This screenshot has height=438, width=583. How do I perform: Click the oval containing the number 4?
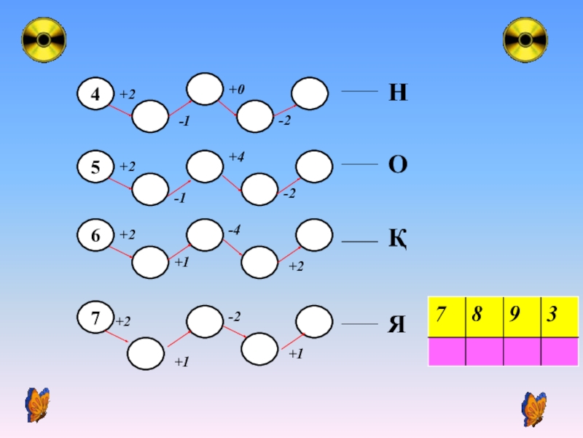pyautogui.click(x=96, y=94)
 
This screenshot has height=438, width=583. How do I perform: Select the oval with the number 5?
pyautogui.click(x=96, y=167)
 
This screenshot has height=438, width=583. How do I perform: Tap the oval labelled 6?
pyautogui.click(x=96, y=236)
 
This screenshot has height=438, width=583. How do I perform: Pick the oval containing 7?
pyautogui.click(x=96, y=319)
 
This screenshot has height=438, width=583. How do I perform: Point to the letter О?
pyautogui.click(x=398, y=165)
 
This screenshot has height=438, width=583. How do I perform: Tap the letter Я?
pyautogui.click(x=398, y=323)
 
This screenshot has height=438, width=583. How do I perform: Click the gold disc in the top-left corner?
pyautogui.click(x=44, y=39)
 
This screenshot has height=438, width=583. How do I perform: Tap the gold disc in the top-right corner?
pyautogui.click(x=525, y=39)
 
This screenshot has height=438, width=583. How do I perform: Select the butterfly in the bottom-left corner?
pyautogui.click(x=36, y=405)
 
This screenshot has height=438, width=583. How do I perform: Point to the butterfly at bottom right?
pyautogui.click(x=534, y=408)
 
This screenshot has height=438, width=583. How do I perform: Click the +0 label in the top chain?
pyautogui.click(x=236, y=89)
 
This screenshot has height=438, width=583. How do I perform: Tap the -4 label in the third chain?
pyautogui.click(x=234, y=231)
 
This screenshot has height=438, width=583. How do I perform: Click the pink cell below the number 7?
pyautogui.click(x=445, y=352)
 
